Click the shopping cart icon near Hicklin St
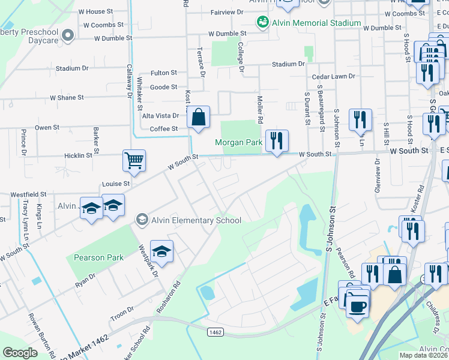tap(134, 160)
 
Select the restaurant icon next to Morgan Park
tap(277, 141)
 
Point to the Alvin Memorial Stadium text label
tap(316, 23)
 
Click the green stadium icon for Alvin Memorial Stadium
tap(262, 23)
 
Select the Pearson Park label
tap(98, 257)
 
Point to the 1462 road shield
tap(215, 331)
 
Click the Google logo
tap(20, 353)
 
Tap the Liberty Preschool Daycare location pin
tap(67, 36)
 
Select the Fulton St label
tap(164, 73)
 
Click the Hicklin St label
tap(79, 155)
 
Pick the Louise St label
tap(118, 183)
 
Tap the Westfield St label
tap(28, 194)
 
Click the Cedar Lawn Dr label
tap(334, 77)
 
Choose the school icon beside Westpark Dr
tap(161, 251)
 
